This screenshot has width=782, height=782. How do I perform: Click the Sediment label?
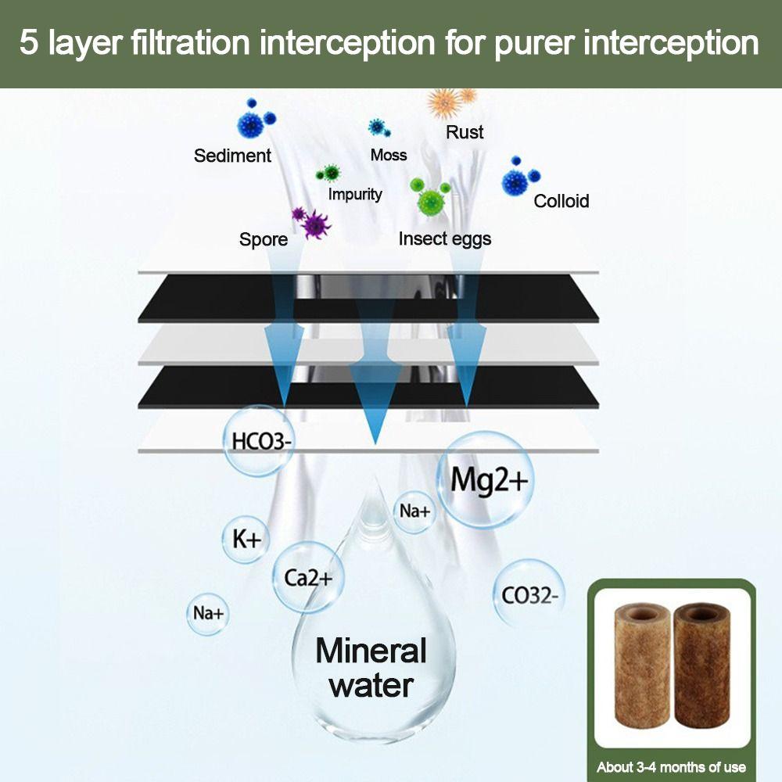232,156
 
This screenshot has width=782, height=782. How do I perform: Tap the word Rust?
465,132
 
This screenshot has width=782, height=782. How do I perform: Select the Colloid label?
561,201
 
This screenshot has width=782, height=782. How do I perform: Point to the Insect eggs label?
445,239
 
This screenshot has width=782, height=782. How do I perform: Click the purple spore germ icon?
313,223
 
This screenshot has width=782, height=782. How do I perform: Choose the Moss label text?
389,155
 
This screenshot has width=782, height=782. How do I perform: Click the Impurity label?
355,194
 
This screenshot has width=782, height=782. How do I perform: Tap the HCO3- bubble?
260,441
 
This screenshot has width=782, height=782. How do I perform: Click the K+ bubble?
246,538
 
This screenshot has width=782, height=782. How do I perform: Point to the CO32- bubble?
529,595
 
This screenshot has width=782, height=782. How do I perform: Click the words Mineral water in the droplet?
371,667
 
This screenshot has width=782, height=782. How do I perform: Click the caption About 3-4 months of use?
671,767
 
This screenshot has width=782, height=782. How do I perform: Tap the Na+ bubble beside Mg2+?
414,511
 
